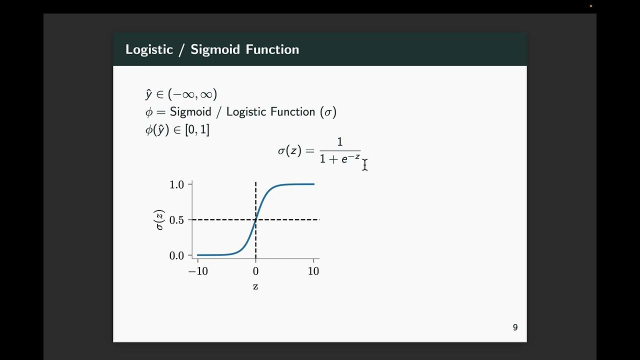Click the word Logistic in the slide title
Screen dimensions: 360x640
point(148,49)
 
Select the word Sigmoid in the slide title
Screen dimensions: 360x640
point(215,49)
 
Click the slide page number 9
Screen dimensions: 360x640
point(515,327)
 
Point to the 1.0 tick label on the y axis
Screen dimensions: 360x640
point(177,184)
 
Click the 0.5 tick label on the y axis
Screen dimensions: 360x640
point(177,220)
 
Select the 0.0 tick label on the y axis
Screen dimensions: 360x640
point(177,255)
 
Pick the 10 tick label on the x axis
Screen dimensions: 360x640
point(313,271)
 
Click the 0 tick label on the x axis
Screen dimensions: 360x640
point(255,271)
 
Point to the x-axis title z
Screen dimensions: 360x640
point(255,286)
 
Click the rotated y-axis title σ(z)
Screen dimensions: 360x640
point(159,220)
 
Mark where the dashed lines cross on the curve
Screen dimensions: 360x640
point(256,219)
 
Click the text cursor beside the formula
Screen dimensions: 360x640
point(365,165)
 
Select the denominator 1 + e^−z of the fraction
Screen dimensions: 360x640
point(340,159)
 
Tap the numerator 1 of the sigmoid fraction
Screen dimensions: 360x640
point(340,142)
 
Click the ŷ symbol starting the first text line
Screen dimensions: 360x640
point(148,94)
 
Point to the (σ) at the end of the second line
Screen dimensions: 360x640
point(328,111)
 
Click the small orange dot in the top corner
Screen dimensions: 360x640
point(591,6)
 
